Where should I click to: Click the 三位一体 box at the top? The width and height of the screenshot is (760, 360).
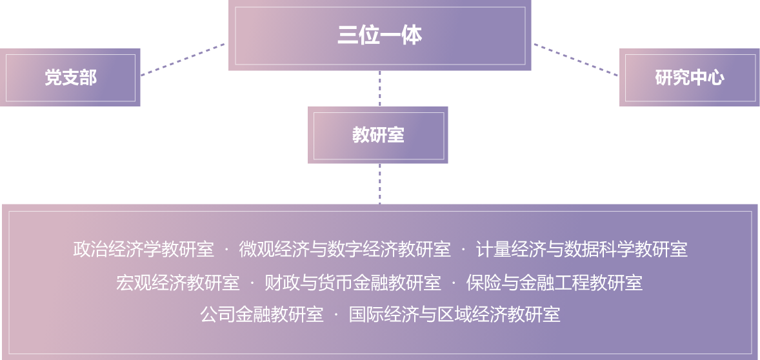[379, 35]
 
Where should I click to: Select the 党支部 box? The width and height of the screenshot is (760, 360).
[70, 77]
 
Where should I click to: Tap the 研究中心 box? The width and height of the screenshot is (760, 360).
[690, 77]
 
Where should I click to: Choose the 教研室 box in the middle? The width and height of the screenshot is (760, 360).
[378, 135]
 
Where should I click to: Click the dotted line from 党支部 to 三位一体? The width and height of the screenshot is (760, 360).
[183, 59]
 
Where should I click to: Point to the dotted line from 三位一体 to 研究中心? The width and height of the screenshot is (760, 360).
[575, 59]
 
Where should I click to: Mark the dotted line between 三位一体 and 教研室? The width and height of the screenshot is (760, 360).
[380, 88]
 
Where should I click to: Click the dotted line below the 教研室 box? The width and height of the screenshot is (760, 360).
[380, 183]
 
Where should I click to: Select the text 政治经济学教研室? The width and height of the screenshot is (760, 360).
[143, 249]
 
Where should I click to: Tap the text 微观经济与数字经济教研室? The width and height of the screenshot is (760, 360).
[345, 249]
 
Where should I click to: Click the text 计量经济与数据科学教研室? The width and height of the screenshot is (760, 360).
[581, 249]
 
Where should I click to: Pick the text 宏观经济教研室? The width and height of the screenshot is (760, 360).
[177, 283]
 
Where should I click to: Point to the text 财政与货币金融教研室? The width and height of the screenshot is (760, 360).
[353, 283]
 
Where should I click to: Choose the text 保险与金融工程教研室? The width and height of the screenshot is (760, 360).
[554, 283]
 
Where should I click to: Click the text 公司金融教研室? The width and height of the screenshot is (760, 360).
[261, 315]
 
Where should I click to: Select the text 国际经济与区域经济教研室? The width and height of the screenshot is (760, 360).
[454, 315]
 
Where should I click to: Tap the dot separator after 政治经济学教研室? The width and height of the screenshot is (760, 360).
[226, 249]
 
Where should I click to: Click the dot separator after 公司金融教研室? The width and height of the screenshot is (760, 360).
[336, 315]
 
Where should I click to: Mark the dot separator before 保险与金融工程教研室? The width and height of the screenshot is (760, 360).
[454, 283]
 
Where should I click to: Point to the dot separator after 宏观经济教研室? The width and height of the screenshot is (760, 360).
[252, 283]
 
